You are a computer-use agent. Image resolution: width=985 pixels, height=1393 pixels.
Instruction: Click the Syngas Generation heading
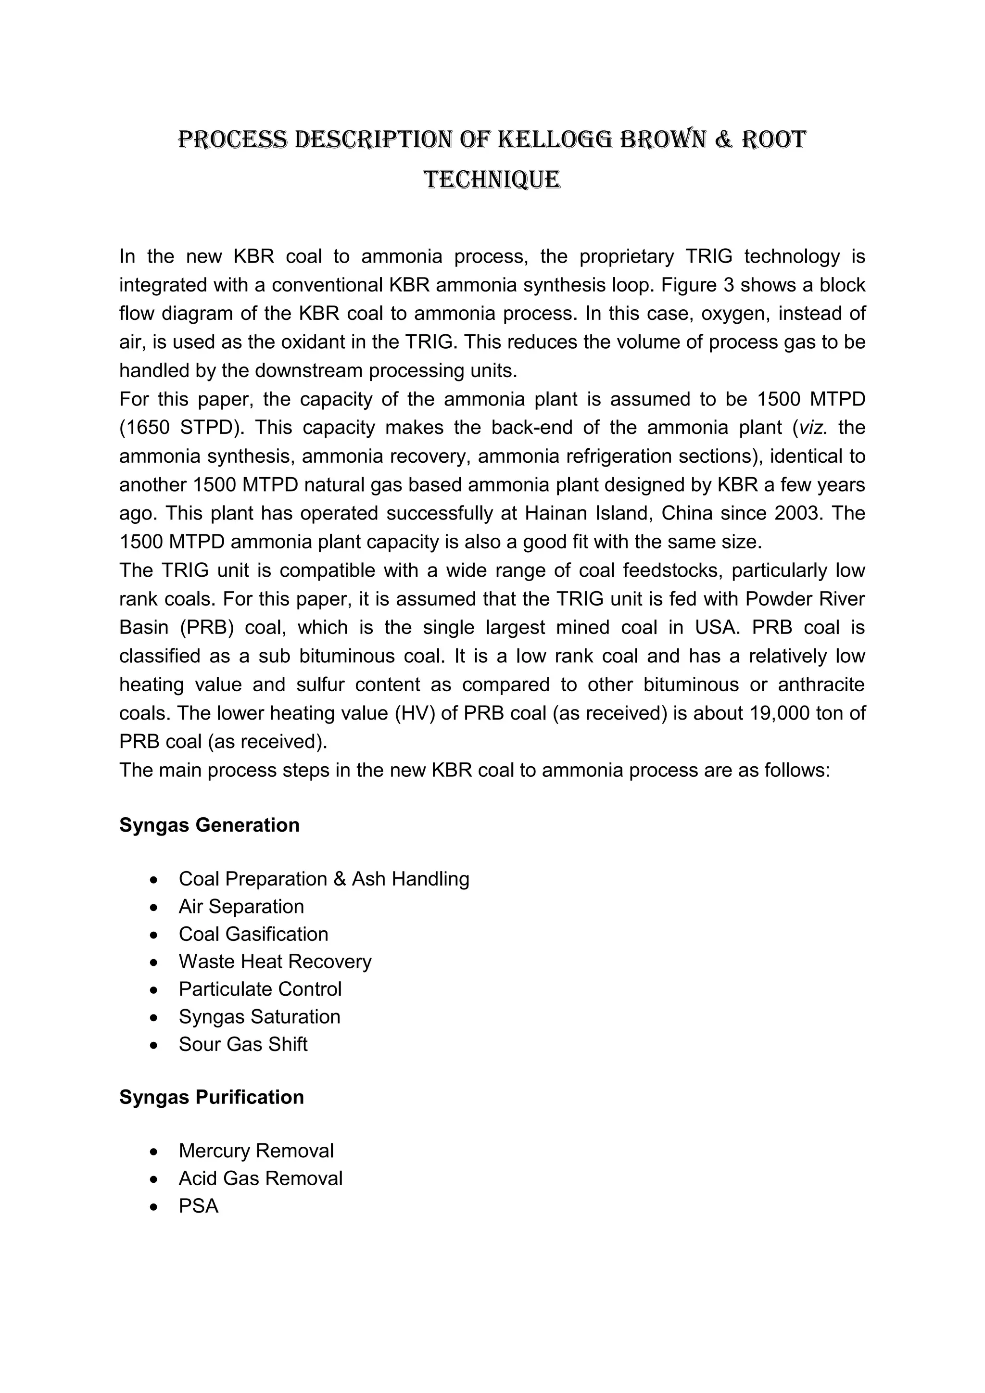(209, 825)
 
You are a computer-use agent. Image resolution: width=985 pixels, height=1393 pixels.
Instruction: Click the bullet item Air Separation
(241, 906)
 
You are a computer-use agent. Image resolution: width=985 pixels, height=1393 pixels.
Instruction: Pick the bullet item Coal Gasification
(253, 934)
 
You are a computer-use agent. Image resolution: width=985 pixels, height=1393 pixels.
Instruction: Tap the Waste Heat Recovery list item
(275, 961)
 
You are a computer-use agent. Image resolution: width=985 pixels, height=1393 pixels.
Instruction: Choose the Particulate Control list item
(260, 989)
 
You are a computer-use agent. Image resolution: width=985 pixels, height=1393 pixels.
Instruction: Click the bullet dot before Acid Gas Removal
(155, 1179)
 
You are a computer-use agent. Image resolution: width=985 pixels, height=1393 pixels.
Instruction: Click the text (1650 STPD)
(181, 428)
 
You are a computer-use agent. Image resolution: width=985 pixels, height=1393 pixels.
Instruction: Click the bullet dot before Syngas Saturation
(155, 1017)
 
